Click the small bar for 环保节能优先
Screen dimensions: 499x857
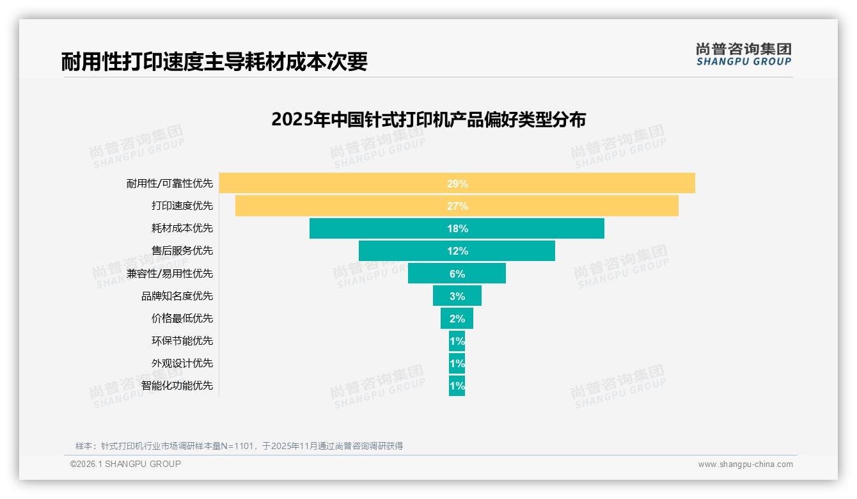[x=457, y=341]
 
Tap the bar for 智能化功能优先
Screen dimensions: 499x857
[x=457, y=386]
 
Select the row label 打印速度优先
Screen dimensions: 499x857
[x=182, y=206]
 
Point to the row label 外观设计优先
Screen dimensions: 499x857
[x=182, y=363]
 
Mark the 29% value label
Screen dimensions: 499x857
[x=457, y=184]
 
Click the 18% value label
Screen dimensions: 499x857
[x=457, y=228]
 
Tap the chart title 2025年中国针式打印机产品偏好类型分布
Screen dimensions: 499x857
[x=428, y=120]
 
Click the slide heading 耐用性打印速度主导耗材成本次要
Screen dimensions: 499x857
[x=214, y=62]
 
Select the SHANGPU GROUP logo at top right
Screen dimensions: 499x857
[x=744, y=54]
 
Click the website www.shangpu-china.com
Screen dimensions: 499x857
[x=745, y=464]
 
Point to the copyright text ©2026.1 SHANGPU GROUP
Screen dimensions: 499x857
[x=125, y=464]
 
